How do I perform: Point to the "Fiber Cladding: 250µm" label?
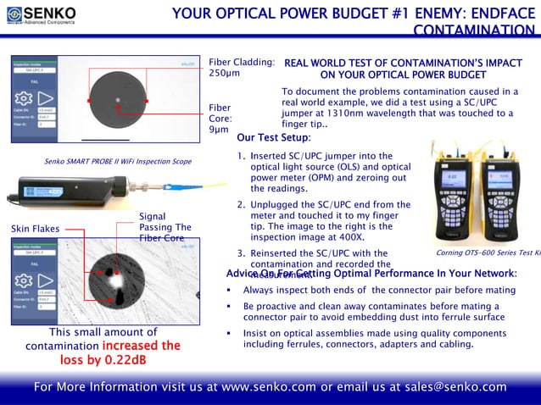click(241, 68)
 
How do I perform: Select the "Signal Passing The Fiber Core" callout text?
click(161, 227)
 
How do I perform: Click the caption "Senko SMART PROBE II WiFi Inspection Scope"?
click(117, 160)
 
